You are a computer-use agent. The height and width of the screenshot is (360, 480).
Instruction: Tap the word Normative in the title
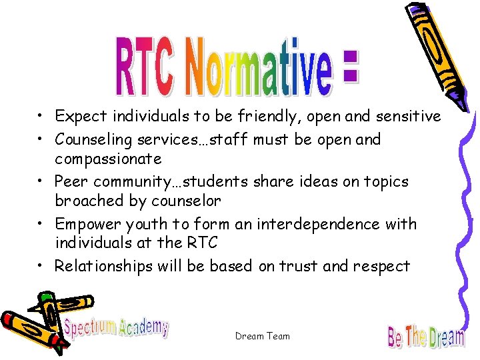tap(261, 67)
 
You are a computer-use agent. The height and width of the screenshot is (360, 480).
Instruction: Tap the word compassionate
tap(108, 159)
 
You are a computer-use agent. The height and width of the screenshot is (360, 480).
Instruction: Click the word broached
tap(87, 201)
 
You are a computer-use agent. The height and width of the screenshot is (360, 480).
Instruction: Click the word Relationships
tap(104, 266)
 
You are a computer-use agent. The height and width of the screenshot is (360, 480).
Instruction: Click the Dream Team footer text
tap(263, 337)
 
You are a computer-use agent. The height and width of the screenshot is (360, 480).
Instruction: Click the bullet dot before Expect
tap(41, 117)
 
